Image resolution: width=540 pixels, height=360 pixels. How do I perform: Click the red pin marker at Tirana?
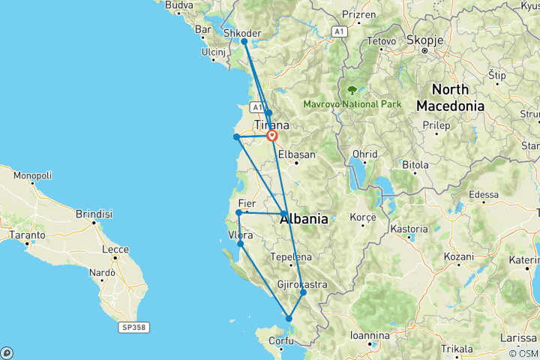tap(271, 136)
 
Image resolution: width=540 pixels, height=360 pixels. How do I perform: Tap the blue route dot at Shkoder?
tap(244, 42)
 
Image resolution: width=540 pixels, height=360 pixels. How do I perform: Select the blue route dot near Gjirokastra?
tap(303, 292)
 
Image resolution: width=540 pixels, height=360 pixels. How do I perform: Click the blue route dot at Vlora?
tap(240, 244)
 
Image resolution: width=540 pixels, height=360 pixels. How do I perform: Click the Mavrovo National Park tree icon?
tap(352, 91)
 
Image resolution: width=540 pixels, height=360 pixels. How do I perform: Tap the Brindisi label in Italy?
tap(93, 214)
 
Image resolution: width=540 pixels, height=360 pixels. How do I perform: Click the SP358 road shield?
tap(132, 327)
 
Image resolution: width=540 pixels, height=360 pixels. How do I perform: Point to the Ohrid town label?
tap(365, 154)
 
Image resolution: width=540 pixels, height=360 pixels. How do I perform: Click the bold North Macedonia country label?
tap(450, 97)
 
